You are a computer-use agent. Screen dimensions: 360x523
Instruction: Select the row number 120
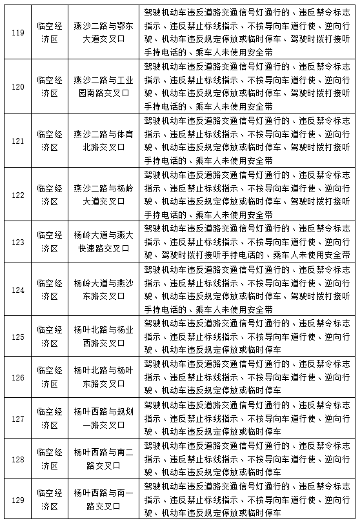click(x=18, y=87)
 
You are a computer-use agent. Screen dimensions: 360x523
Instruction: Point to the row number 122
click(x=18, y=194)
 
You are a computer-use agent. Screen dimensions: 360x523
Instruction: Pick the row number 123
click(x=18, y=242)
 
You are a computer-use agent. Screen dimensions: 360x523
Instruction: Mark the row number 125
click(x=18, y=336)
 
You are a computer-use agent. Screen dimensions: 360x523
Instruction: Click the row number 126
click(x=18, y=377)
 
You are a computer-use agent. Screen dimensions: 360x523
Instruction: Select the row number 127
click(x=18, y=418)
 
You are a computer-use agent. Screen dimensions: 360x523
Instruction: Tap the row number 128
click(x=18, y=459)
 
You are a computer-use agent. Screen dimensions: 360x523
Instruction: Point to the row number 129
click(x=18, y=500)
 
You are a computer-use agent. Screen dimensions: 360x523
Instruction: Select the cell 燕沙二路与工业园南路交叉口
click(x=104, y=87)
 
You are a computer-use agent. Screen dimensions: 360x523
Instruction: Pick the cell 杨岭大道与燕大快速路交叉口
click(x=104, y=242)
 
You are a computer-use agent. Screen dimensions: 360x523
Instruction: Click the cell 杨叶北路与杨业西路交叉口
click(x=104, y=336)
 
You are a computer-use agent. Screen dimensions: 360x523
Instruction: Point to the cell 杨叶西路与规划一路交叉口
click(x=104, y=418)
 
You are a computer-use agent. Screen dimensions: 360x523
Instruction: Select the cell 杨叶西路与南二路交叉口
click(x=104, y=459)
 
